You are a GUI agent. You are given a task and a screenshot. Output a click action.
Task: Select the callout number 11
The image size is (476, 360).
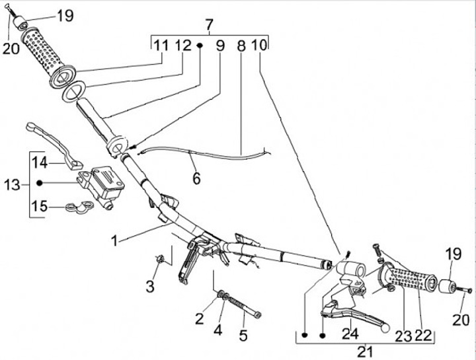(x=162, y=46)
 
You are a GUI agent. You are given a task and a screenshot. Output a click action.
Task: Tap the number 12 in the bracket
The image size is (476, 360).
(x=183, y=46)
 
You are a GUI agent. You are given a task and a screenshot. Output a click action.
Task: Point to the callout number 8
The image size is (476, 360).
(x=240, y=46)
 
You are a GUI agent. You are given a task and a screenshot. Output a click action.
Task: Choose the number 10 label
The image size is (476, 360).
(x=259, y=46)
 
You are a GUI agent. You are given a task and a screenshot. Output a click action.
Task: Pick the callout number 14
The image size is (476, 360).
(x=40, y=162)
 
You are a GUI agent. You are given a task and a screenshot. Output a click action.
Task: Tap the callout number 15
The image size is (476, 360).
(x=40, y=207)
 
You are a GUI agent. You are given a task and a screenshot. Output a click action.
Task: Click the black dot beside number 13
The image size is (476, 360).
(x=40, y=183)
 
